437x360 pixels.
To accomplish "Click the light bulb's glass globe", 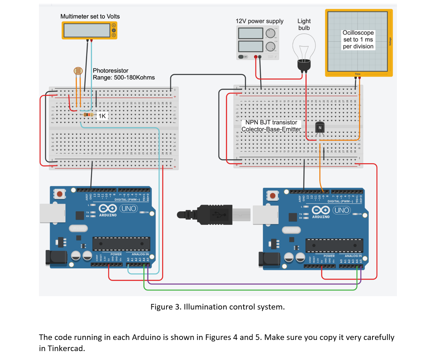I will tap(304, 46).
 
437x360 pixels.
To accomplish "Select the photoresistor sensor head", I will tap(78, 71).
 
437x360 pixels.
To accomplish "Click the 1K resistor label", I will tap(102, 116).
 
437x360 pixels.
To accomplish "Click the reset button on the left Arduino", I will tap(59, 194).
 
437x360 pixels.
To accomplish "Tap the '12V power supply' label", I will tap(259, 21).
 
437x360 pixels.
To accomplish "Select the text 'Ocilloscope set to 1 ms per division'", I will tap(358, 40).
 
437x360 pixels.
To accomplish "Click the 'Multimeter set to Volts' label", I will tap(90, 16).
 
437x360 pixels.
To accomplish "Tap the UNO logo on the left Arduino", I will tap(128, 209).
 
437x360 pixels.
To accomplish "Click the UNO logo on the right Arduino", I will tap(341, 210).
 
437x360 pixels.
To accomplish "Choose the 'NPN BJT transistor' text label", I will tap(271, 122).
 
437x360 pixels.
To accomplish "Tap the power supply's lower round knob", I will tap(271, 46).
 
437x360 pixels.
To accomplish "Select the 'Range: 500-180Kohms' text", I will tap(124, 78).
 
